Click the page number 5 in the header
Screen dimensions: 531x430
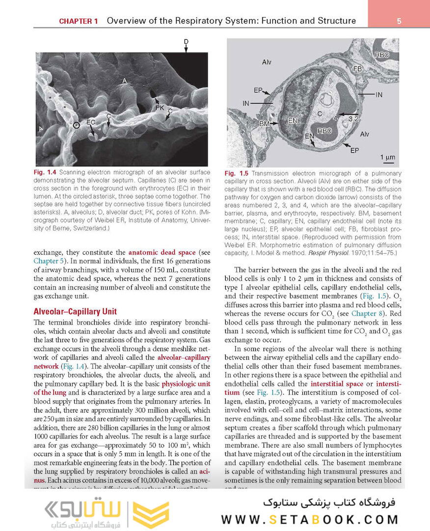click(399, 21)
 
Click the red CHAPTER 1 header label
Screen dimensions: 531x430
click(79, 21)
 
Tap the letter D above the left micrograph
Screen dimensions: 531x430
click(186, 42)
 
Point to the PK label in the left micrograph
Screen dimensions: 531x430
click(160, 107)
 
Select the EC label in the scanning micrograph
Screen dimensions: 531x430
click(91, 121)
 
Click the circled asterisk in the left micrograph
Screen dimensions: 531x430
click(76, 125)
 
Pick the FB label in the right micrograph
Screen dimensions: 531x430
click(357, 69)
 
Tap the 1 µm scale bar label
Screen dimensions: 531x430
click(388, 157)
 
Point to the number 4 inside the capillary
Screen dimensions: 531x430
click(335, 118)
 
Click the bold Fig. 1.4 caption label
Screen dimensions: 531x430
click(46, 173)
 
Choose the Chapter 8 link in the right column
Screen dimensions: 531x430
click(364, 313)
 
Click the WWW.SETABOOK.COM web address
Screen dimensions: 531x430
click(310, 519)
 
